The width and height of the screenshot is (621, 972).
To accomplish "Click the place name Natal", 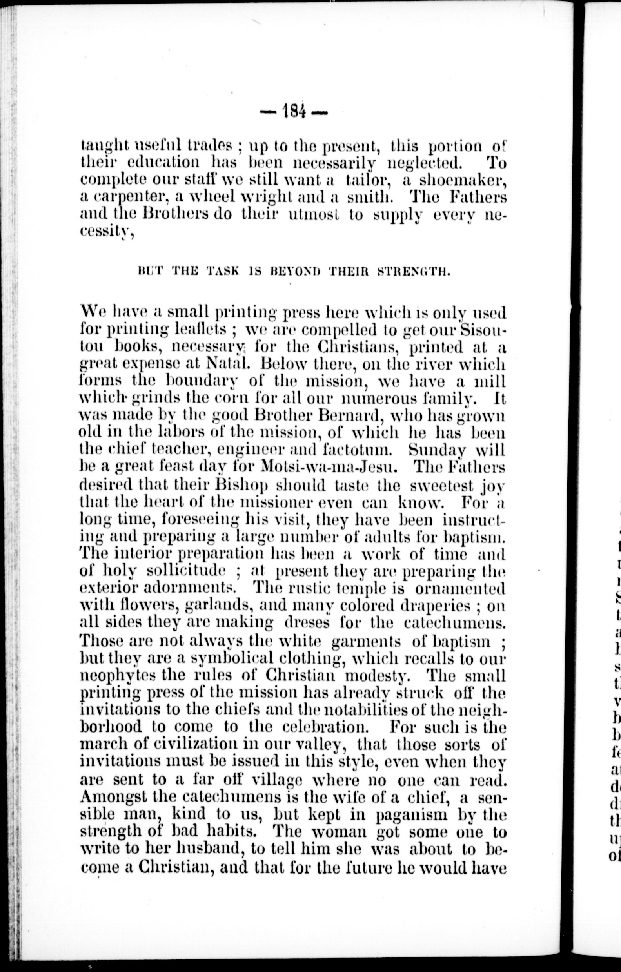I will coord(228,364).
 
